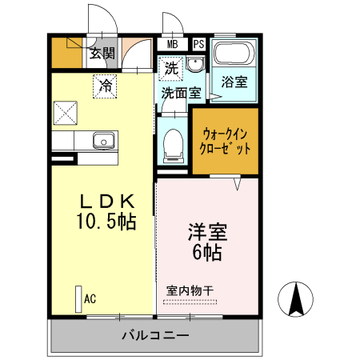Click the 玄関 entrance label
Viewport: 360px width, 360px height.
pos(102,54)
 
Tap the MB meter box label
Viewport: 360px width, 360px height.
pos(173,45)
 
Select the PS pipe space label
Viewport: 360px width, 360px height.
pos(198,45)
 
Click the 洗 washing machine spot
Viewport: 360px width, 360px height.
pos(171,69)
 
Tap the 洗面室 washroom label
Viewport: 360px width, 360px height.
pos(181,93)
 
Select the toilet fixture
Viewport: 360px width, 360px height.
pos(172,144)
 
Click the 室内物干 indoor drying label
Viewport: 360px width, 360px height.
pos(190,290)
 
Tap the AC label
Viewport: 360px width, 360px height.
pos(90,299)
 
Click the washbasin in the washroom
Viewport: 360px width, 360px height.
pos(198,69)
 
